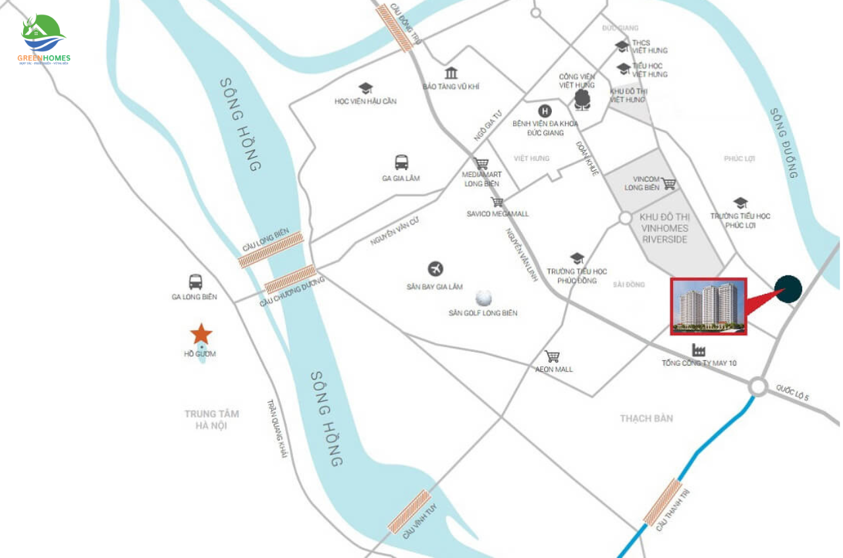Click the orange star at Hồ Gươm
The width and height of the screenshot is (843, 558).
pyautogui.click(x=201, y=333)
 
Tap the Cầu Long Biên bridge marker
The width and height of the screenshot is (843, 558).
pyautogui.click(x=271, y=250)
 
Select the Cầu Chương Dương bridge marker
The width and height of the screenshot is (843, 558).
pyautogui.click(x=290, y=279)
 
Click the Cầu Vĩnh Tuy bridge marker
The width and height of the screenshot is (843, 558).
pyautogui.click(x=409, y=511)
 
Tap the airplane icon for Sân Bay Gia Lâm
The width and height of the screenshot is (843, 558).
pyautogui.click(x=435, y=269)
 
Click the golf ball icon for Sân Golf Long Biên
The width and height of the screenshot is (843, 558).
pyautogui.click(x=483, y=297)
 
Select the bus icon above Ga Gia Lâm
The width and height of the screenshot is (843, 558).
pyautogui.click(x=401, y=162)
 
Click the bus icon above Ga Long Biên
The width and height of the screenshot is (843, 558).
pyautogui.click(x=196, y=282)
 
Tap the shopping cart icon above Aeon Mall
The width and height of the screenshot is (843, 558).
pyautogui.click(x=553, y=356)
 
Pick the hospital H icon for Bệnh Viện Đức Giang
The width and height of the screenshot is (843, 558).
pyautogui.click(x=545, y=111)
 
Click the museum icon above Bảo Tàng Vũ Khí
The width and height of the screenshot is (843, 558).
pyautogui.click(x=451, y=72)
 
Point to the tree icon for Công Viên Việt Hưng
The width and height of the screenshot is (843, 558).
pyautogui.click(x=582, y=99)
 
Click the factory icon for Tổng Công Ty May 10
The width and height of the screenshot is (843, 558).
pyautogui.click(x=699, y=349)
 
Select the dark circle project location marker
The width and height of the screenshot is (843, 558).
pyautogui.click(x=788, y=290)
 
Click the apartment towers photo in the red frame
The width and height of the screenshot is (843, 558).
pyautogui.click(x=708, y=306)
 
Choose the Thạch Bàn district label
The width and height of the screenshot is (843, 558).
pyautogui.click(x=646, y=418)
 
